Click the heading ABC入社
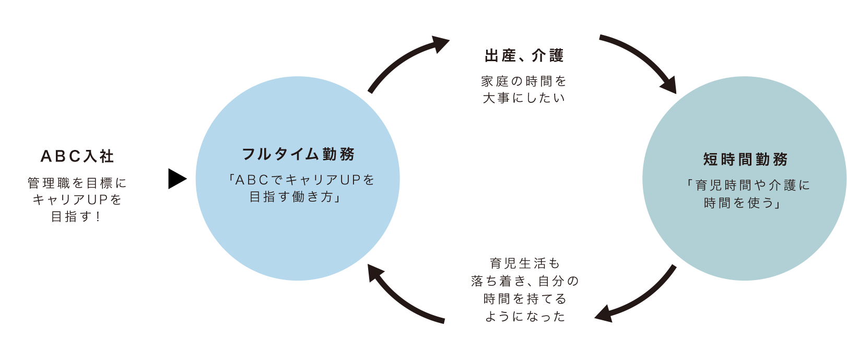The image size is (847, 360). pyautogui.click(x=77, y=156)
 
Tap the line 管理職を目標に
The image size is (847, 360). pyautogui.click(x=77, y=183)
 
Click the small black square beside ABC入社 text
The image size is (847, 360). pyautogui.click(x=178, y=179)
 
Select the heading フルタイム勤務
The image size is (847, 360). pyautogui.click(x=298, y=154)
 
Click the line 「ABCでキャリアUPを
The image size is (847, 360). pyautogui.click(x=301, y=180)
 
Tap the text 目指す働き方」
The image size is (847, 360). pyautogui.click(x=296, y=197)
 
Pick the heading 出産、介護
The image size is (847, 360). pyautogui.click(x=524, y=55)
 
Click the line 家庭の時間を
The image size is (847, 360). pyautogui.click(x=524, y=81)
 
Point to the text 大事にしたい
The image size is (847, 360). pyautogui.click(x=524, y=98)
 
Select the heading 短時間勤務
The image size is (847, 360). pyautogui.click(x=745, y=159)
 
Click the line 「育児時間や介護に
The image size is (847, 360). pyautogui.click(x=747, y=185)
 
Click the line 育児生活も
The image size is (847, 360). pyautogui.click(x=524, y=263)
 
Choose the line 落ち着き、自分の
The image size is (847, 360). pyautogui.click(x=524, y=281)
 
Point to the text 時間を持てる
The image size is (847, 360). pyautogui.click(x=524, y=299)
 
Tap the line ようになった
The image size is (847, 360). pyautogui.click(x=524, y=317)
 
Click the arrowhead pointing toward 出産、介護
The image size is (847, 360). pyautogui.click(x=440, y=44)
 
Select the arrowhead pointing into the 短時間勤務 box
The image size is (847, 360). pyautogui.click(x=669, y=86)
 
